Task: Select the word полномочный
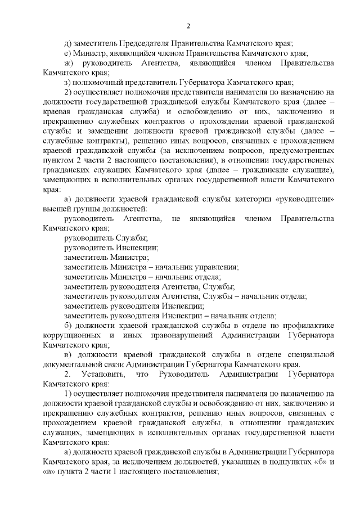[97, 82]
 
